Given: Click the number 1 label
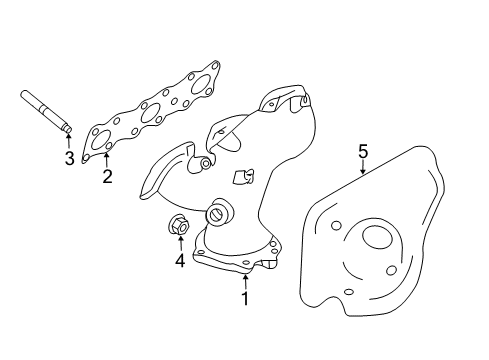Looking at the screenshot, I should pyautogui.click(x=244, y=297).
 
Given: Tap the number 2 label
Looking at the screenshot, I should pyautogui.click(x=107, y=178).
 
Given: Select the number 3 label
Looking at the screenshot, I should pyautogui.click(x=69, y=158).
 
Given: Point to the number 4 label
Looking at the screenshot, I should pyautogui.click(x=180, y=261).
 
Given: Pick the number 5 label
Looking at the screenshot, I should pyautogui.click(x=363, y=151).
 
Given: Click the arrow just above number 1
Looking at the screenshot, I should pyautogui.click(x=244, y=277).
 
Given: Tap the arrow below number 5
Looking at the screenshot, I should pyautogui.click(x=363, y=170).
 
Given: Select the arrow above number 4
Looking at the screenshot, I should pyautogui.click(x=180, y=243).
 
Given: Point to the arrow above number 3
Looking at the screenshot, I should pyautogui.click(x=69, y=141).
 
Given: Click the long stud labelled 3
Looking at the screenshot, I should pyautogui.click(x=46, y=112).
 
